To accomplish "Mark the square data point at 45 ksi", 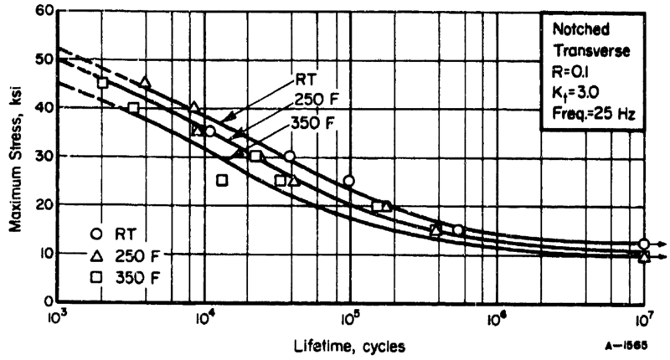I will pos(102,83).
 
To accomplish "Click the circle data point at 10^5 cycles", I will pos(349,181).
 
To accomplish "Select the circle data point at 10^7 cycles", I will pos(643,244).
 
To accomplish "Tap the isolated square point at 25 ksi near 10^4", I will pos(222,180).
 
